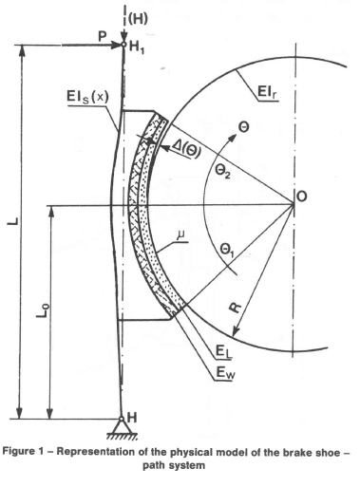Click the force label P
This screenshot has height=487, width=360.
click(102, 36)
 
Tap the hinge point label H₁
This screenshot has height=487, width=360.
click(137, 47)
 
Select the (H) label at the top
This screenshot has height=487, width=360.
click(138, 19)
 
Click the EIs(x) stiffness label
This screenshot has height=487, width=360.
click(87, 97)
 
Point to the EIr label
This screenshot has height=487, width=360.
click(268, 92)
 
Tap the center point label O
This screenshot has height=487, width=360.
click(301, 197)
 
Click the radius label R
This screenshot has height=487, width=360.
click(236, 308)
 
